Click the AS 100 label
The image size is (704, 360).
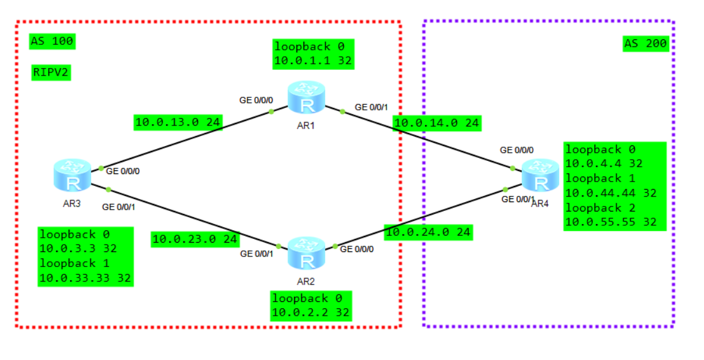(x=52, y=42)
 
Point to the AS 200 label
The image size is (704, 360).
(x=646, y=43)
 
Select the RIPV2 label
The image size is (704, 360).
(x=51, y=73)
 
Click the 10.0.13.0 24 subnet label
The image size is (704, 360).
(x=178, y=122)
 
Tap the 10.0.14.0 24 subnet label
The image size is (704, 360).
(x=436, y=124)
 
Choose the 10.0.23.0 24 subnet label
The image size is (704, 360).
(x=195, y=238)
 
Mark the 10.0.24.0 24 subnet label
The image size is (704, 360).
(x=428, y=232)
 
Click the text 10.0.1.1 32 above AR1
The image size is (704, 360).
(x=313, y=61)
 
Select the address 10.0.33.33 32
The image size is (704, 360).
(x=86, y=278)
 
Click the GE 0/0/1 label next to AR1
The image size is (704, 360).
(x=372, y=107)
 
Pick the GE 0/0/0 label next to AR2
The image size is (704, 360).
(x=357, y=249)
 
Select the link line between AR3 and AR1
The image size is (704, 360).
(x=187, y=140)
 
